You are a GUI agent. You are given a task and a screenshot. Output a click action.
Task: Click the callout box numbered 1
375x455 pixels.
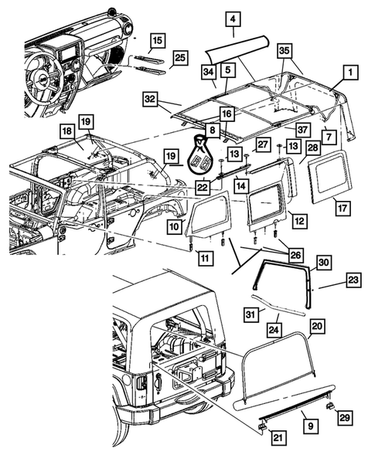[x=349, y=73]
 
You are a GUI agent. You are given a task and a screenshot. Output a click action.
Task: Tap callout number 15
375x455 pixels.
[x=157, y=39]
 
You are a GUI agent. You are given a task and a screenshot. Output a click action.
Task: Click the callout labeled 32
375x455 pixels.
[x=150, y=98]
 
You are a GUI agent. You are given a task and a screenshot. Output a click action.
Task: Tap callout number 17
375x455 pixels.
[x=342, y=208]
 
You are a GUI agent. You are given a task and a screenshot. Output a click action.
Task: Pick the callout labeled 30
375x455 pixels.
[x=323, y=263]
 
